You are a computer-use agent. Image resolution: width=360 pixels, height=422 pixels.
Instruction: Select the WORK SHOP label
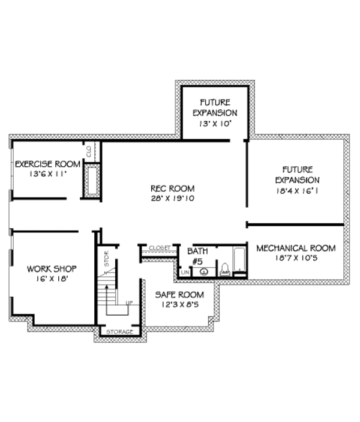[x=52, y=268]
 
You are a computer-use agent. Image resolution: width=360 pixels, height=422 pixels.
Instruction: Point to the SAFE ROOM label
[x=179, y=295]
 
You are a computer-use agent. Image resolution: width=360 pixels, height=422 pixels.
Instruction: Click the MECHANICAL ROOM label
[x=296, y=248]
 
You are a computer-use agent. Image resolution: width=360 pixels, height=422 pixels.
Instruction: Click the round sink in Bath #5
[x=205, y=272]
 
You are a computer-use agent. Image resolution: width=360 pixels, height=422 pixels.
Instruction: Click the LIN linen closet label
[x=185, y=273]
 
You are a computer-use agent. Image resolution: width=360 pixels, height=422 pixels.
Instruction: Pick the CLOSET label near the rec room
[x=160, y=247]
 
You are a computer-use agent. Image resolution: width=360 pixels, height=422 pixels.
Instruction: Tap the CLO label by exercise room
[x=88, y=151]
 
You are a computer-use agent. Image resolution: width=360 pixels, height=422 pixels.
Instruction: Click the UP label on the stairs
[x=128, y=303]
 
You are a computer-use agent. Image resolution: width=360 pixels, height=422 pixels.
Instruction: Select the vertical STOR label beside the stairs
[x=107, y=259]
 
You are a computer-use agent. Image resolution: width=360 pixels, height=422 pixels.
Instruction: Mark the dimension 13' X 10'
[x=215, y=123]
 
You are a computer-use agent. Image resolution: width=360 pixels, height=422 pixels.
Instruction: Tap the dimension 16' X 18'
[x=52, y=279]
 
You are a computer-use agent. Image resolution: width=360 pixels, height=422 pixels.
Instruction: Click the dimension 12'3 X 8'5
[x=179, y=305]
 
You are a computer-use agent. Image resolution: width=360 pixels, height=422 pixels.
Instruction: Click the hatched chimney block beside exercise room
[x=92, y=181]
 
